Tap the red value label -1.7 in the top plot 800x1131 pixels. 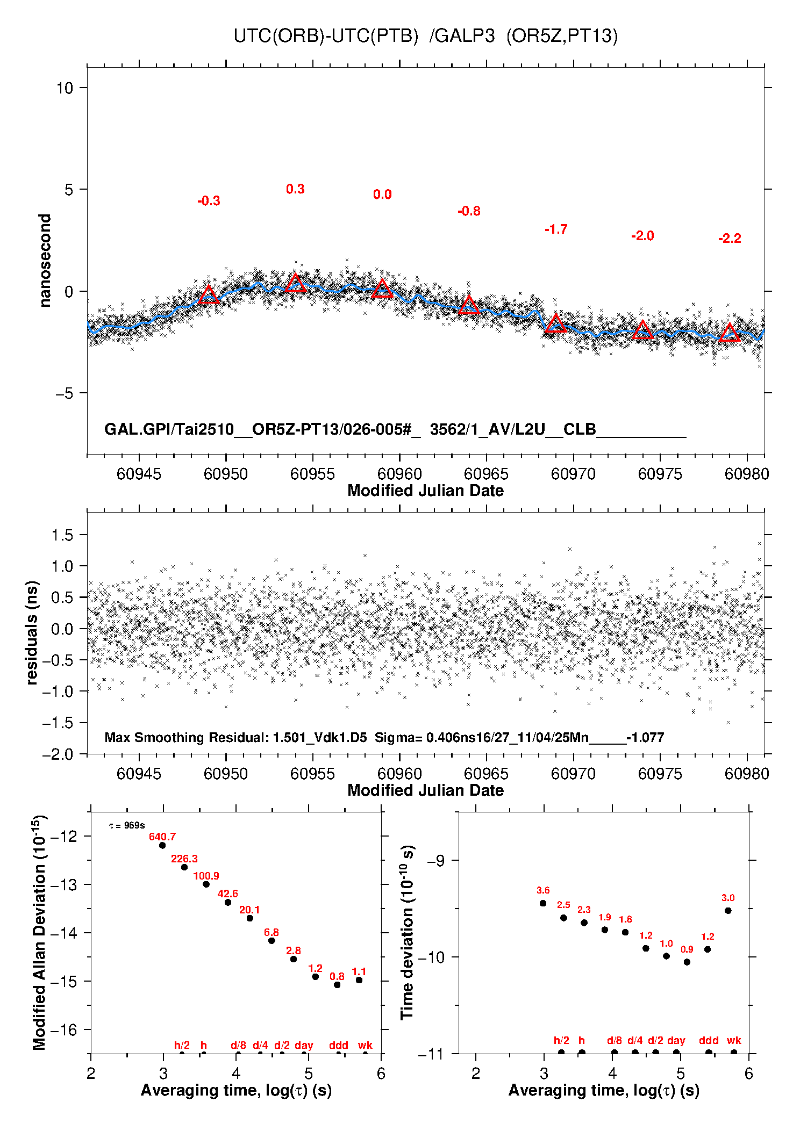(x=556, y=229)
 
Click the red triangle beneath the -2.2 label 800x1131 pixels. (x=730, y=333)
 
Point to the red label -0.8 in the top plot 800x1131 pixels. (x=469, y=211)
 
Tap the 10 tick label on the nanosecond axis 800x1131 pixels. (x=65, y=88)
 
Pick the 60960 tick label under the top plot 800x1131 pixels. (x=399, y=474)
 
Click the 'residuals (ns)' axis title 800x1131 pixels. (x=32, y=633)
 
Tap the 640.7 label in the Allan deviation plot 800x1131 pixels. (x=162, y=837)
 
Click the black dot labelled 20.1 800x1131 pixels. (x=250, y=918)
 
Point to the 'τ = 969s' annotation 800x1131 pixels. (x=127, y=825)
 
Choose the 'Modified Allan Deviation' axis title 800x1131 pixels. (x=39, y=933)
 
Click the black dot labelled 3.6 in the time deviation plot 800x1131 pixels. (x=543, y=903)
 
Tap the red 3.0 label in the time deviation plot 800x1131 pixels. (x=728, y=898)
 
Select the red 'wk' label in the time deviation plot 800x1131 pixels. (x=734, y=1041)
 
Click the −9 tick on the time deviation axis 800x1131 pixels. (x=435, y=861)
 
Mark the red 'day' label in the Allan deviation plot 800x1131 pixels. (x=304, y=1045)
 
